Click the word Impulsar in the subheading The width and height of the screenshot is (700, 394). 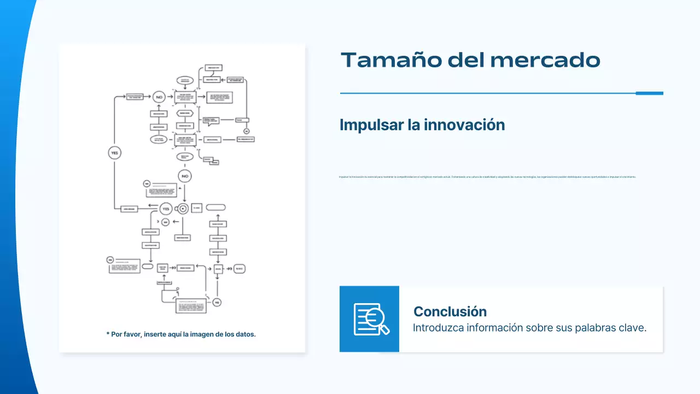pyautogui.click(x=371, y=125)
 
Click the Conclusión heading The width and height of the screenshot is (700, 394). pyautogui.click(x=450, y=311)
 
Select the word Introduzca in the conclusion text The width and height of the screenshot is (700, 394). pyautogui.click(x=439, y=328)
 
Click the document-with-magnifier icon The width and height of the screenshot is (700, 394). pyautogui.click(x=370, y=319)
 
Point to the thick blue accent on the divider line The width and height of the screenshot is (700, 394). pyautogui.click(x=649, y=93)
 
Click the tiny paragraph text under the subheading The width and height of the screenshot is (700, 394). pyautogui.click(x=487, y=177)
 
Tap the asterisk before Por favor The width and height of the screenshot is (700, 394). pyautogui.click(x=108, y=334)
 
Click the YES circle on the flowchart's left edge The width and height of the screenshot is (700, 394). pyautogui.click(x=114, y=153)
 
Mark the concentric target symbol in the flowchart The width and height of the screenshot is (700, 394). pyautogui.click(x=183, y=208)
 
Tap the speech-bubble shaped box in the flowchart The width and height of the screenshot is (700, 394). pyautogui.click(x=211, y=121)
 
